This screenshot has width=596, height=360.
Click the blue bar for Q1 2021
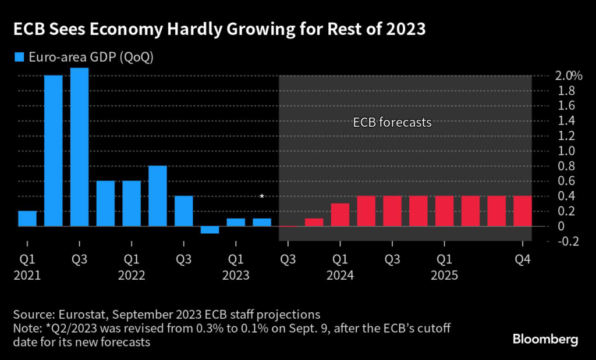point(27,219)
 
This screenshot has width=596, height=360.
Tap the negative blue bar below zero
point(210,230)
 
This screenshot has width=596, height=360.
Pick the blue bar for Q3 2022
point(183,211)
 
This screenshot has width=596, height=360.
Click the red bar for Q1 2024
point(340,215)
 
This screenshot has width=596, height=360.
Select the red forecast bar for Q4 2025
point(522,211)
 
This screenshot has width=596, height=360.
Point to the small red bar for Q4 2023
point(314,222)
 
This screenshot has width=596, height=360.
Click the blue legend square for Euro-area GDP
point(19,56)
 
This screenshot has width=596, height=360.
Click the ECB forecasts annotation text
point(392,123)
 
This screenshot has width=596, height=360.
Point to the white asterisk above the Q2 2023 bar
point(262,197)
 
